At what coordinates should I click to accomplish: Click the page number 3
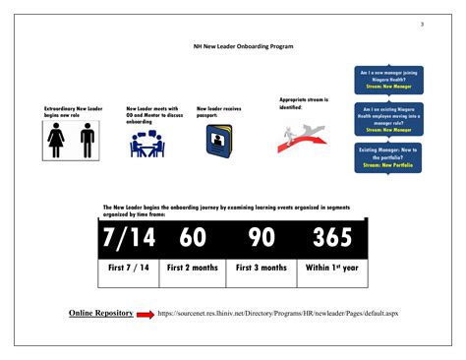[422, 24]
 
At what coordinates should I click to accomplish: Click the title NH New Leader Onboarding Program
[244, 45]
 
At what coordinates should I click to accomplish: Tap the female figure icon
[58, 143]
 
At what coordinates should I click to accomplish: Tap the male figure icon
[87, 143]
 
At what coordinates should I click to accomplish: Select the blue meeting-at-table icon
[149, 144]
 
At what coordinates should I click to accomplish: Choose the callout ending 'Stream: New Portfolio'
[389, 156]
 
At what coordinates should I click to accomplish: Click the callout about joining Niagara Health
[389, 80]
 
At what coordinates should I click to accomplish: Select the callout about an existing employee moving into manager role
[389, 118]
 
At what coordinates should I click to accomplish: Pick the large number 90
[262, 240]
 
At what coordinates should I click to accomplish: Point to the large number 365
[332, 240]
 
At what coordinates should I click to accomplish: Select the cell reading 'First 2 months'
[192, 268]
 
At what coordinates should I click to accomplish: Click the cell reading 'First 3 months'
[262, 268]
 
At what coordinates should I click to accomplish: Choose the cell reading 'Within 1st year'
[332, 268]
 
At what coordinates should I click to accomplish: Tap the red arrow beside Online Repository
[145, 314]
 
